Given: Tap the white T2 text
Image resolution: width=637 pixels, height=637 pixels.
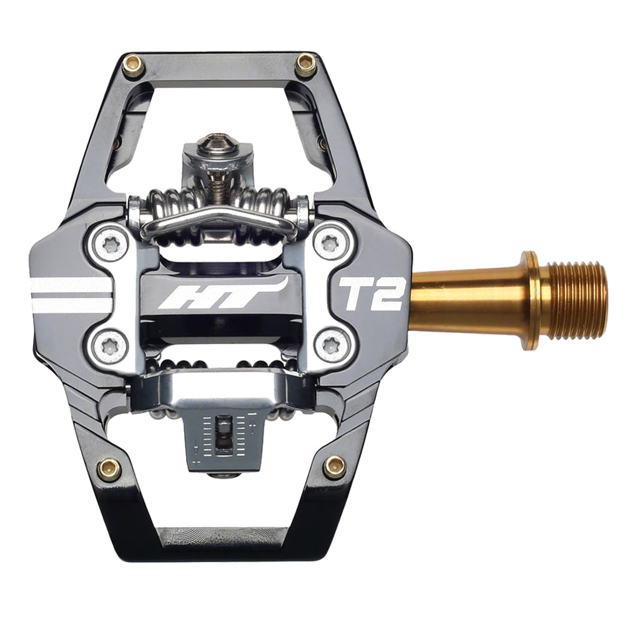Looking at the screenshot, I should click(x=371, y=293).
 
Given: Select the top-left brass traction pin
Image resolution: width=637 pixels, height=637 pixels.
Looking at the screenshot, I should click(x=132, y=66).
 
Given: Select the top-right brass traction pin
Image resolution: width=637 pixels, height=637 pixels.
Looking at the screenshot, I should click(x=305, y=64).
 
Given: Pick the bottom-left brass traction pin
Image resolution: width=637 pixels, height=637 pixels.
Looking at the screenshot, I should click(x=109, y=468).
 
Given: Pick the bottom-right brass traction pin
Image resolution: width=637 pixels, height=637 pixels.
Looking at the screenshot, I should click(x=333, y=465).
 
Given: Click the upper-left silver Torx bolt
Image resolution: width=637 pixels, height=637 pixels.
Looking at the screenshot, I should click(x=112, y=245).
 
